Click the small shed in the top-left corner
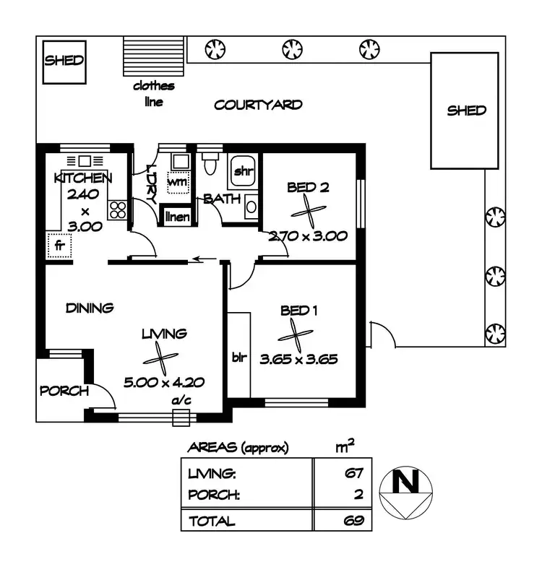click(x=64, y=61)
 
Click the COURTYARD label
click(x=258, y=105)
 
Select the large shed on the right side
click(x=466, y=111)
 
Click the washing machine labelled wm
click(x=177, y=181)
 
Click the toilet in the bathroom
click(x=210, y=163)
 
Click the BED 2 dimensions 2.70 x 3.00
click(x=309, y=235)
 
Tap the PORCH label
click(x=64, y=391)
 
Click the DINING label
click(x=90, y=308)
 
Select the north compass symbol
click(x=409, y=493)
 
